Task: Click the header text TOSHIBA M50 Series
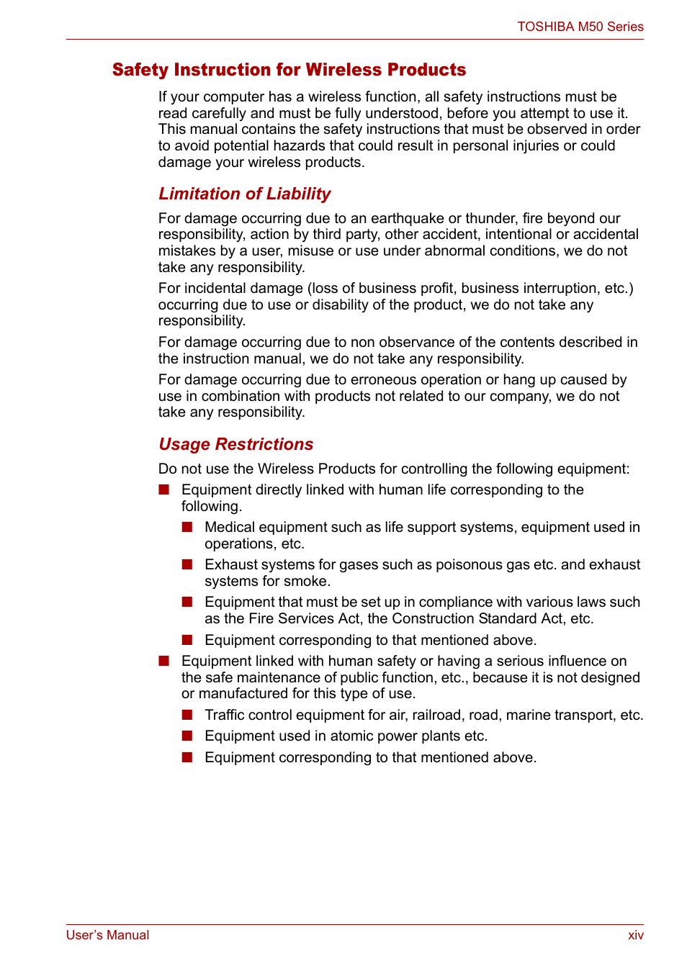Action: pos(580,27)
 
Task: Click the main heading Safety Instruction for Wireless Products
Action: pos(289,70)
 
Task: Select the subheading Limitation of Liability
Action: pos(244,194)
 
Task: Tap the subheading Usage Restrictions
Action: pos(235,444)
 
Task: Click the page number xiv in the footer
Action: pos(635,935)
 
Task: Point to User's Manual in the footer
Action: pos(107,935)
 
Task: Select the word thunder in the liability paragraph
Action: pos(491,218)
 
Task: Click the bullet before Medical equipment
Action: pos(187,527)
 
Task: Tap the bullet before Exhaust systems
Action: pos(187,564)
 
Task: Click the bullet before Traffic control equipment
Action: pos(187,715)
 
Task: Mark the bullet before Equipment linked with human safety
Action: pos(164,661)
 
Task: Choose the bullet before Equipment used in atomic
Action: pos(187,736)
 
